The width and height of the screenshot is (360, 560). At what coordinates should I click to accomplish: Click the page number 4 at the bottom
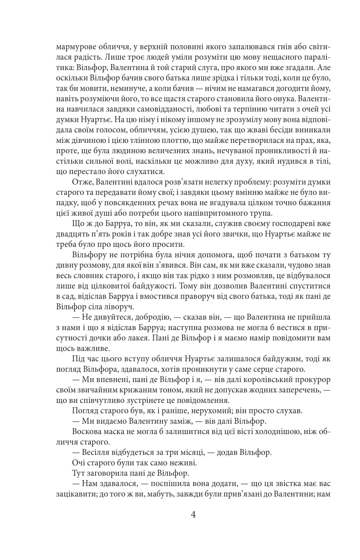tap(193, 515)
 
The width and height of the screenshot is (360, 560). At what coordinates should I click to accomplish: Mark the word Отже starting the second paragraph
tap(82, 182)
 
